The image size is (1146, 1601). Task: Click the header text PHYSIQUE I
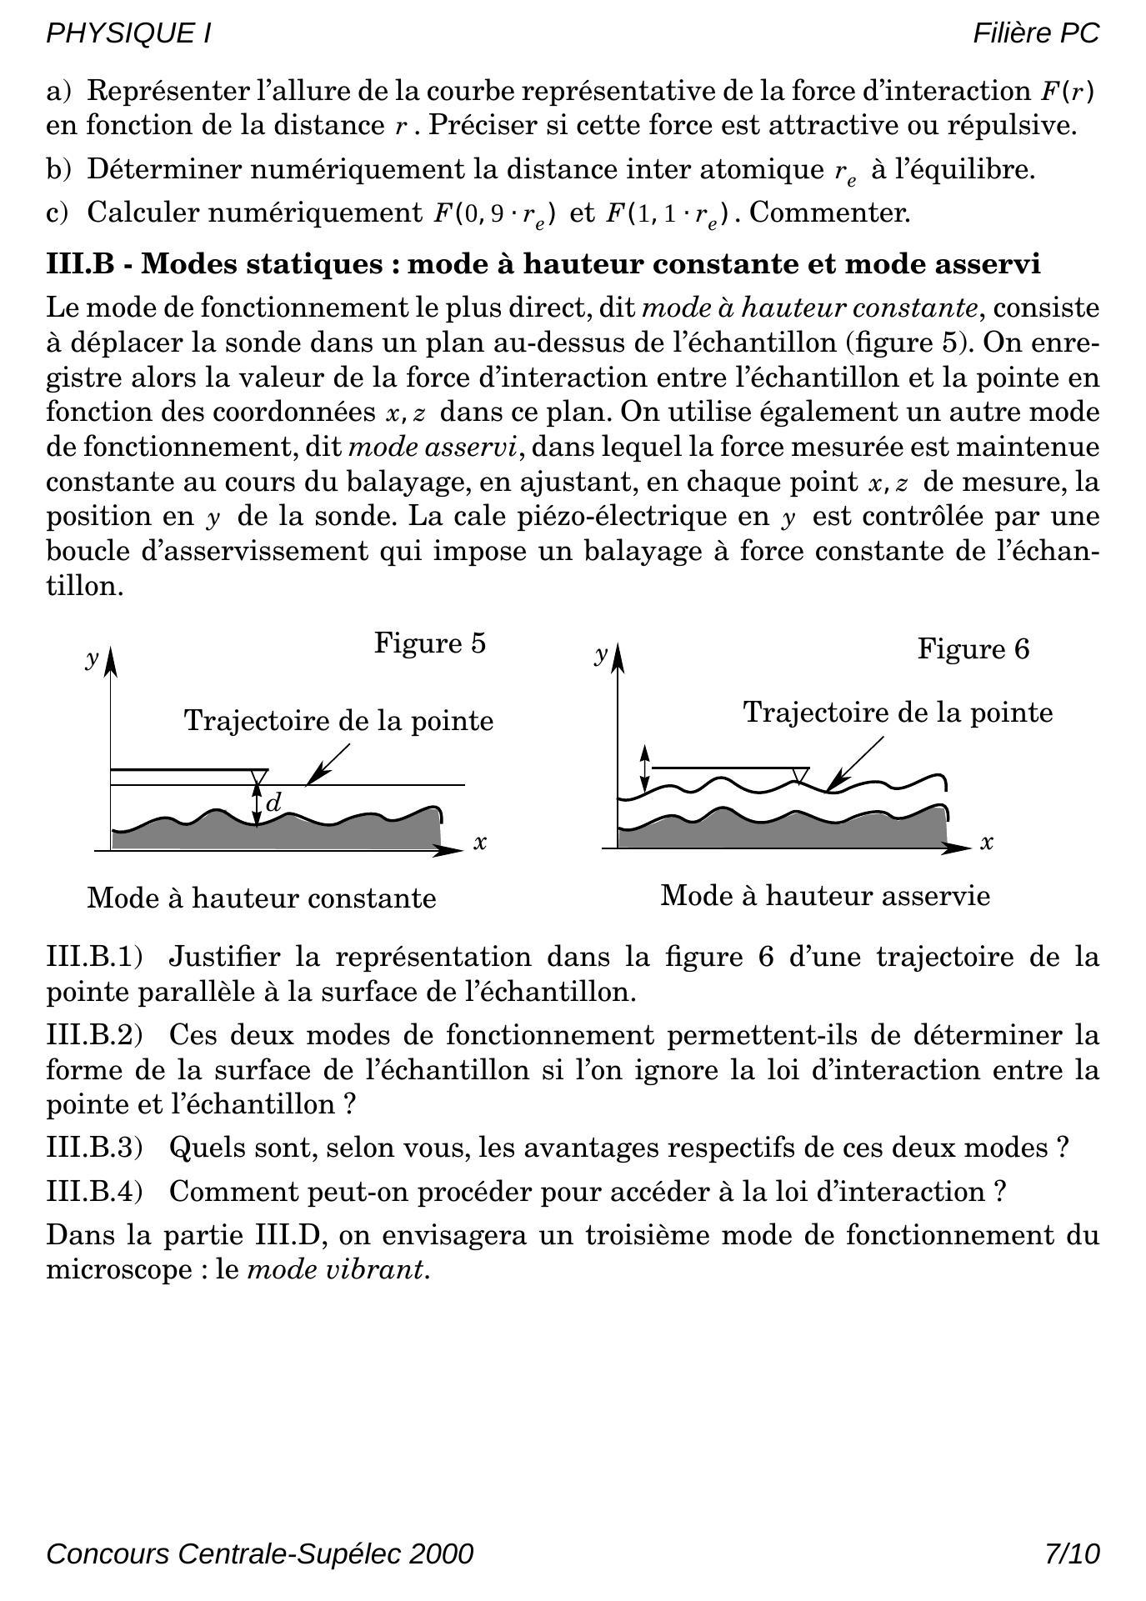point(128,33)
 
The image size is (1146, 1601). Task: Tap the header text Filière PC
point(1036,33)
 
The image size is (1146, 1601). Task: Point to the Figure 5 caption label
point(429,643)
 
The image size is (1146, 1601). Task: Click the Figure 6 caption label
point(973,648)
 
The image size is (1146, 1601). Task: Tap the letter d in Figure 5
point(273,803)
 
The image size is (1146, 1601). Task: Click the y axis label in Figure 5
point(91,659)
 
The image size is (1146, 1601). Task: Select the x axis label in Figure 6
point(987,843)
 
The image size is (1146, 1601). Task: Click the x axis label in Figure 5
point(480,843)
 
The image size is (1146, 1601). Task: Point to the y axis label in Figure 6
point(600,653)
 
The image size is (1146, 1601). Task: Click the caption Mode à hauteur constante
point(261,898)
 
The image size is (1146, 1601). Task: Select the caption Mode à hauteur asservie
point(825,896)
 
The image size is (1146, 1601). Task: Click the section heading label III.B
point(79,264)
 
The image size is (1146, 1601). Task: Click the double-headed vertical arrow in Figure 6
point(643,769)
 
